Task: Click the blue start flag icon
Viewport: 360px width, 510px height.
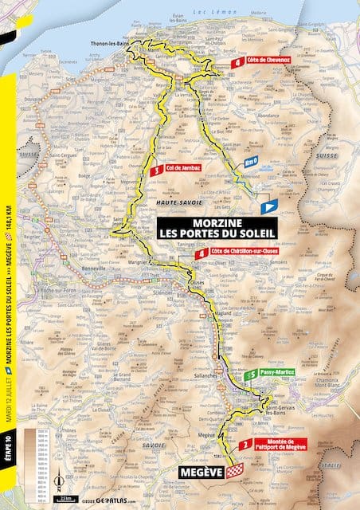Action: (268, 206)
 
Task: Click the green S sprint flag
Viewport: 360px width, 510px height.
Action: (250, 373)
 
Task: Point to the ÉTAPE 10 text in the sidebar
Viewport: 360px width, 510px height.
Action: (6, 476)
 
